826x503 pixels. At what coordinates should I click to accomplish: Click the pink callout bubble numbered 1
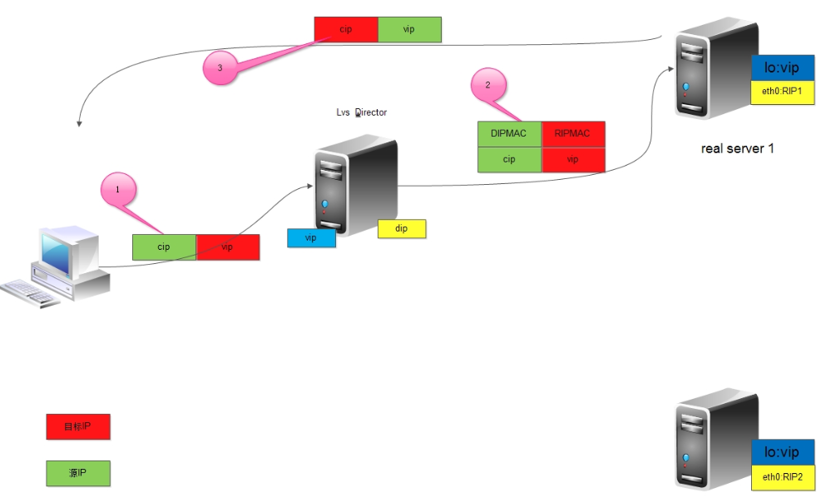(117, 190)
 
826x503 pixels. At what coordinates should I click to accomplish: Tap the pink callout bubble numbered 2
(488, 85)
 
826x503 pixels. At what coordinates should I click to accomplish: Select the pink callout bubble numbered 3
(220, 69)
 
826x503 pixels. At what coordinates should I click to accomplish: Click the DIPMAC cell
(509, 134)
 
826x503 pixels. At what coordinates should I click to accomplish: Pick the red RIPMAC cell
(572, 134)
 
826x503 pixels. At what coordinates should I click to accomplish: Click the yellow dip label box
(402, 229)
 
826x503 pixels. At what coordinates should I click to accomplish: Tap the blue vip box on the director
(311, 238)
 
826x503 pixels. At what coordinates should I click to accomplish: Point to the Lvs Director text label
(355, 112)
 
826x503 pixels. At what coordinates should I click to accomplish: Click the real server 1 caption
(738, 149)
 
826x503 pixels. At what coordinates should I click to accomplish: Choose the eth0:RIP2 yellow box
(782, 477)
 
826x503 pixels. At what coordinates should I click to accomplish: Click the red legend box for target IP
(78, 427)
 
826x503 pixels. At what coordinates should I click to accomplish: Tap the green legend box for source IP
(78, 474)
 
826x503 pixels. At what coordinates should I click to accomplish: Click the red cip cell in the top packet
(346, 29)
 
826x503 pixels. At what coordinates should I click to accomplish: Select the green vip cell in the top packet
(409, 29)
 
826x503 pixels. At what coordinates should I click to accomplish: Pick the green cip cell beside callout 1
(164, 247)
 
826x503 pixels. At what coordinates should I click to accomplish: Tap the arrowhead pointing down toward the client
(78, 123)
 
